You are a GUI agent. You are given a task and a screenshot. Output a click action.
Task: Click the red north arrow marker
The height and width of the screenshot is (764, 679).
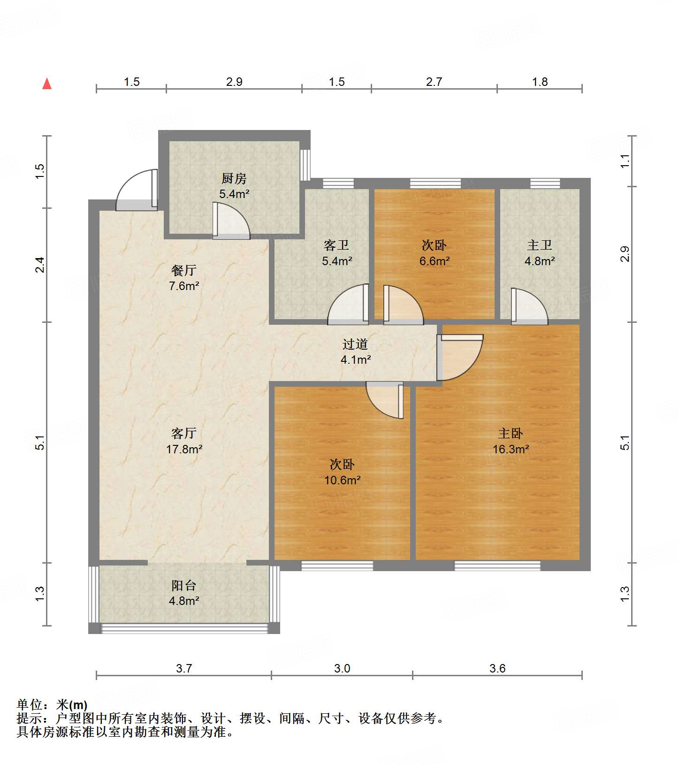pyautogui.click(x=47, y=84)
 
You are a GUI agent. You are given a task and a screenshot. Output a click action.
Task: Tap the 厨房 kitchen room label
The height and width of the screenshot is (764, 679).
pyautogui.click(x=234, y=178)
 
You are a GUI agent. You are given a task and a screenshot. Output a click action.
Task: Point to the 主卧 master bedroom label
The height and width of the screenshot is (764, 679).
pyautogui.click(x=511, y=433)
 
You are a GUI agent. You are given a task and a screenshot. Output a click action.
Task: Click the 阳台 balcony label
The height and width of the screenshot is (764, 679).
pyautogui.click(x=184, y=585)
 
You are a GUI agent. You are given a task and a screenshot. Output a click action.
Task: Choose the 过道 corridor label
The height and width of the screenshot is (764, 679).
pyautogui.click(x=355, y=344)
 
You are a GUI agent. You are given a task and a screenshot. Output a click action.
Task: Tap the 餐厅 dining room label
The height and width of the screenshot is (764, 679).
pyautogui.click(x=184, y=270)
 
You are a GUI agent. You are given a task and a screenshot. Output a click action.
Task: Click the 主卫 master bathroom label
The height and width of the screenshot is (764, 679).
pyautogui.click(x=540, y=245)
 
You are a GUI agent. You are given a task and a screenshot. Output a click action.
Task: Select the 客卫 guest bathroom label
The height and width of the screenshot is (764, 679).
pyautogui.click(x=337, y=245)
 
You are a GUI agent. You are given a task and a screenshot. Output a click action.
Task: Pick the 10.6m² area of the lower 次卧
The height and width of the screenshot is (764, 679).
pyautogui.click(x=343, y=480)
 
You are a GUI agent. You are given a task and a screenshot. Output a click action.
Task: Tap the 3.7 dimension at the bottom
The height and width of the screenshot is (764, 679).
pyautogui.click(x=184, y=668)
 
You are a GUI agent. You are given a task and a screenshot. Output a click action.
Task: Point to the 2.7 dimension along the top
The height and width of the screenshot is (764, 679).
pyautogui.click(x=434, y=82)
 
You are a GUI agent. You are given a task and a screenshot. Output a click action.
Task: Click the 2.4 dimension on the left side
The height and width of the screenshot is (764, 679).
pyautogui.click(x=40, y=265)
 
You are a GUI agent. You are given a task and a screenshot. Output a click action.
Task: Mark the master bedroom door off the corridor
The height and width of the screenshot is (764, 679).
pyautogui.click(x=460, y=357)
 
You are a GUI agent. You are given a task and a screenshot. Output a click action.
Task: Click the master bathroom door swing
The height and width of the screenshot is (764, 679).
pyautogui.click(x=529, y=306)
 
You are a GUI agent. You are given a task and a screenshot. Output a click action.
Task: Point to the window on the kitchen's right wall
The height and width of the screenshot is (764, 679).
pyautogui.click(x=305, y=165)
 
